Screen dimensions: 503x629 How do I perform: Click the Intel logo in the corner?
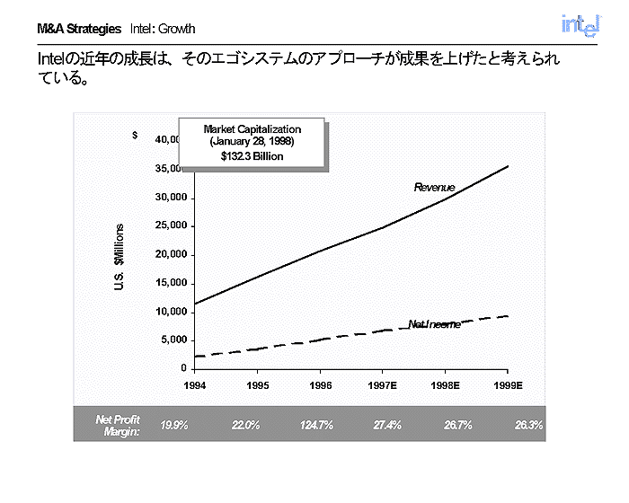click(x=579, y=26)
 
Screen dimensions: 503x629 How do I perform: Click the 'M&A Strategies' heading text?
click(x=79, y=30)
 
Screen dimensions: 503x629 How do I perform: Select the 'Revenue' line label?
click(x=434, y=188)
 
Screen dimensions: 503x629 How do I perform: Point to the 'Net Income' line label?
click(x=434, y=324)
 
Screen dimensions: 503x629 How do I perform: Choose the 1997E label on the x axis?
click(x=383, y=384)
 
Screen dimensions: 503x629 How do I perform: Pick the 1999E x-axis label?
click(x=508, y=384)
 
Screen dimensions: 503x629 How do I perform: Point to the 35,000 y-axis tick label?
click(x=170, y=169)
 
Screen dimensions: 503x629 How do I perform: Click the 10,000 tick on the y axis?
click(x=170, y=312)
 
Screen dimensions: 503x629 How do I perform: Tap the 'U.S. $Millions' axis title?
click(x=120, y=255)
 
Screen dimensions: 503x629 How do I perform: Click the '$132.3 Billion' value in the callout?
click(x=252, y=156)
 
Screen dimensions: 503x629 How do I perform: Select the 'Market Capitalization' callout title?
click(x=252, y=130)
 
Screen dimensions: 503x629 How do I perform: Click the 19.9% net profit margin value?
click(x=173, y=425)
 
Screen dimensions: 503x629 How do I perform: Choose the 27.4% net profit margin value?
click(x=386, y=425)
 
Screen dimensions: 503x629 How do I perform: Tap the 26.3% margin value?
click(x=528, y=425)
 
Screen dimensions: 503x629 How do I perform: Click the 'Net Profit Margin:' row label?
click(x=118, y=425)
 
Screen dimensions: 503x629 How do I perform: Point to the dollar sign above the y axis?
click(x=135, y=136)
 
